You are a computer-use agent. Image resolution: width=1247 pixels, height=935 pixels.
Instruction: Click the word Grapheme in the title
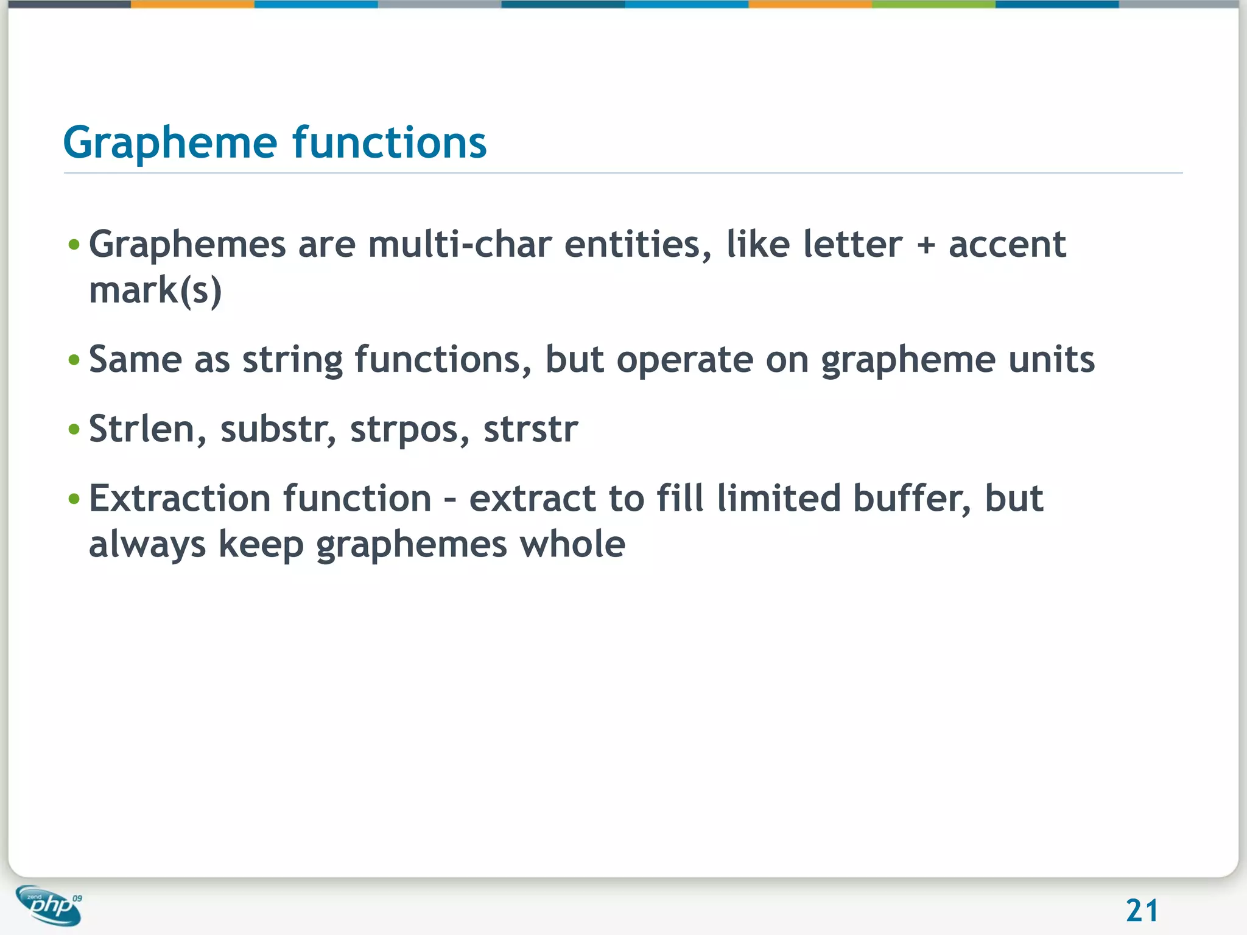(170, 144)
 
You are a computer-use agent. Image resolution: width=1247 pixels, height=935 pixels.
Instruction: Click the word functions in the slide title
(390, 142)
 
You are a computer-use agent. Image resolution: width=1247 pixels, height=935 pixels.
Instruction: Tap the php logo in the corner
(49, 905)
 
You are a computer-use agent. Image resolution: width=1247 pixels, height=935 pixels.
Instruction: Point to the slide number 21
(1142, 911)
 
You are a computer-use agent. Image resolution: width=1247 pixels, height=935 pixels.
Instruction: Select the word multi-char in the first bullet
(459, 245)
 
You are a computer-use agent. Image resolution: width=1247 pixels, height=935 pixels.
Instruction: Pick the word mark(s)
(155, 290)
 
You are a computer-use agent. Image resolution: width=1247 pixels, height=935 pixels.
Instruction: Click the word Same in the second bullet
(135, 359)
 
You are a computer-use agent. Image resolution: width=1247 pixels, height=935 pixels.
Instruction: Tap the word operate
(684, 360)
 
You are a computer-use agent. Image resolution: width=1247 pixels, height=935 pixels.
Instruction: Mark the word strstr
(530, 429)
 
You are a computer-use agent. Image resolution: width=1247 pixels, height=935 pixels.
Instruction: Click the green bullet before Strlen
(74, 430)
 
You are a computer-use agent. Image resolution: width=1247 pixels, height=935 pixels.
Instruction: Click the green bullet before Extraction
(74, 499)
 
